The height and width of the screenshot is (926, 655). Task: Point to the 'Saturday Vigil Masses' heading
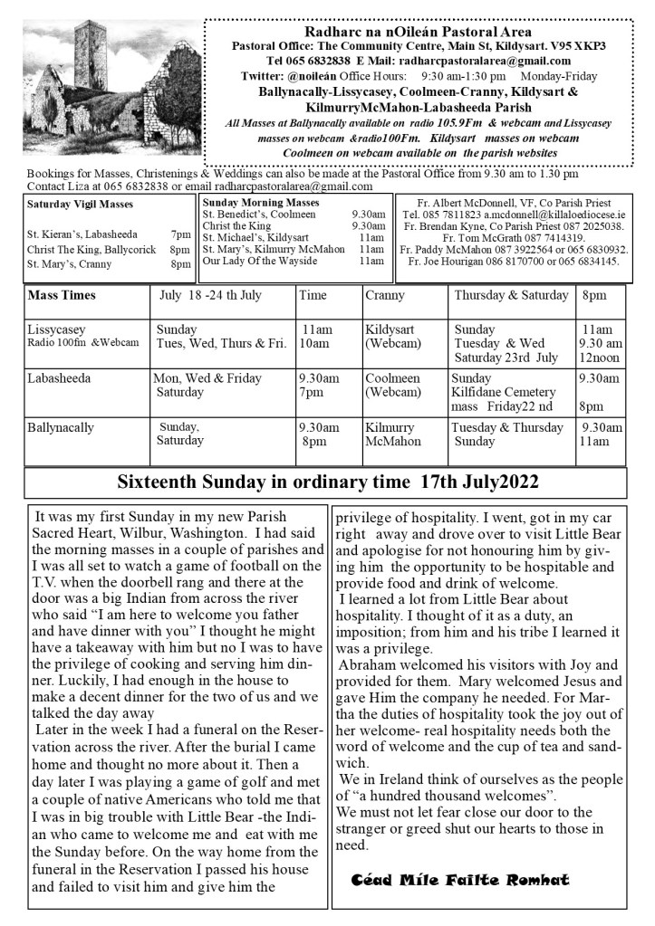pos(80,205)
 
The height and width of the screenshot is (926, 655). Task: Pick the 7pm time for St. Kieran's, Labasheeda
pos(180,234)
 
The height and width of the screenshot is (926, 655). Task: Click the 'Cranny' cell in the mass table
pos(385,296)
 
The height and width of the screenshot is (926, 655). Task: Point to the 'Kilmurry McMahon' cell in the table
pos(393,434)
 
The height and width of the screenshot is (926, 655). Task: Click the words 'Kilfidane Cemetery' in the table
pos(504,392)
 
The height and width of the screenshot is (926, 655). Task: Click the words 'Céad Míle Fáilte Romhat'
pos(459,880)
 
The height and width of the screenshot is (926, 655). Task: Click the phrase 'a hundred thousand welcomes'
pos(449,796)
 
